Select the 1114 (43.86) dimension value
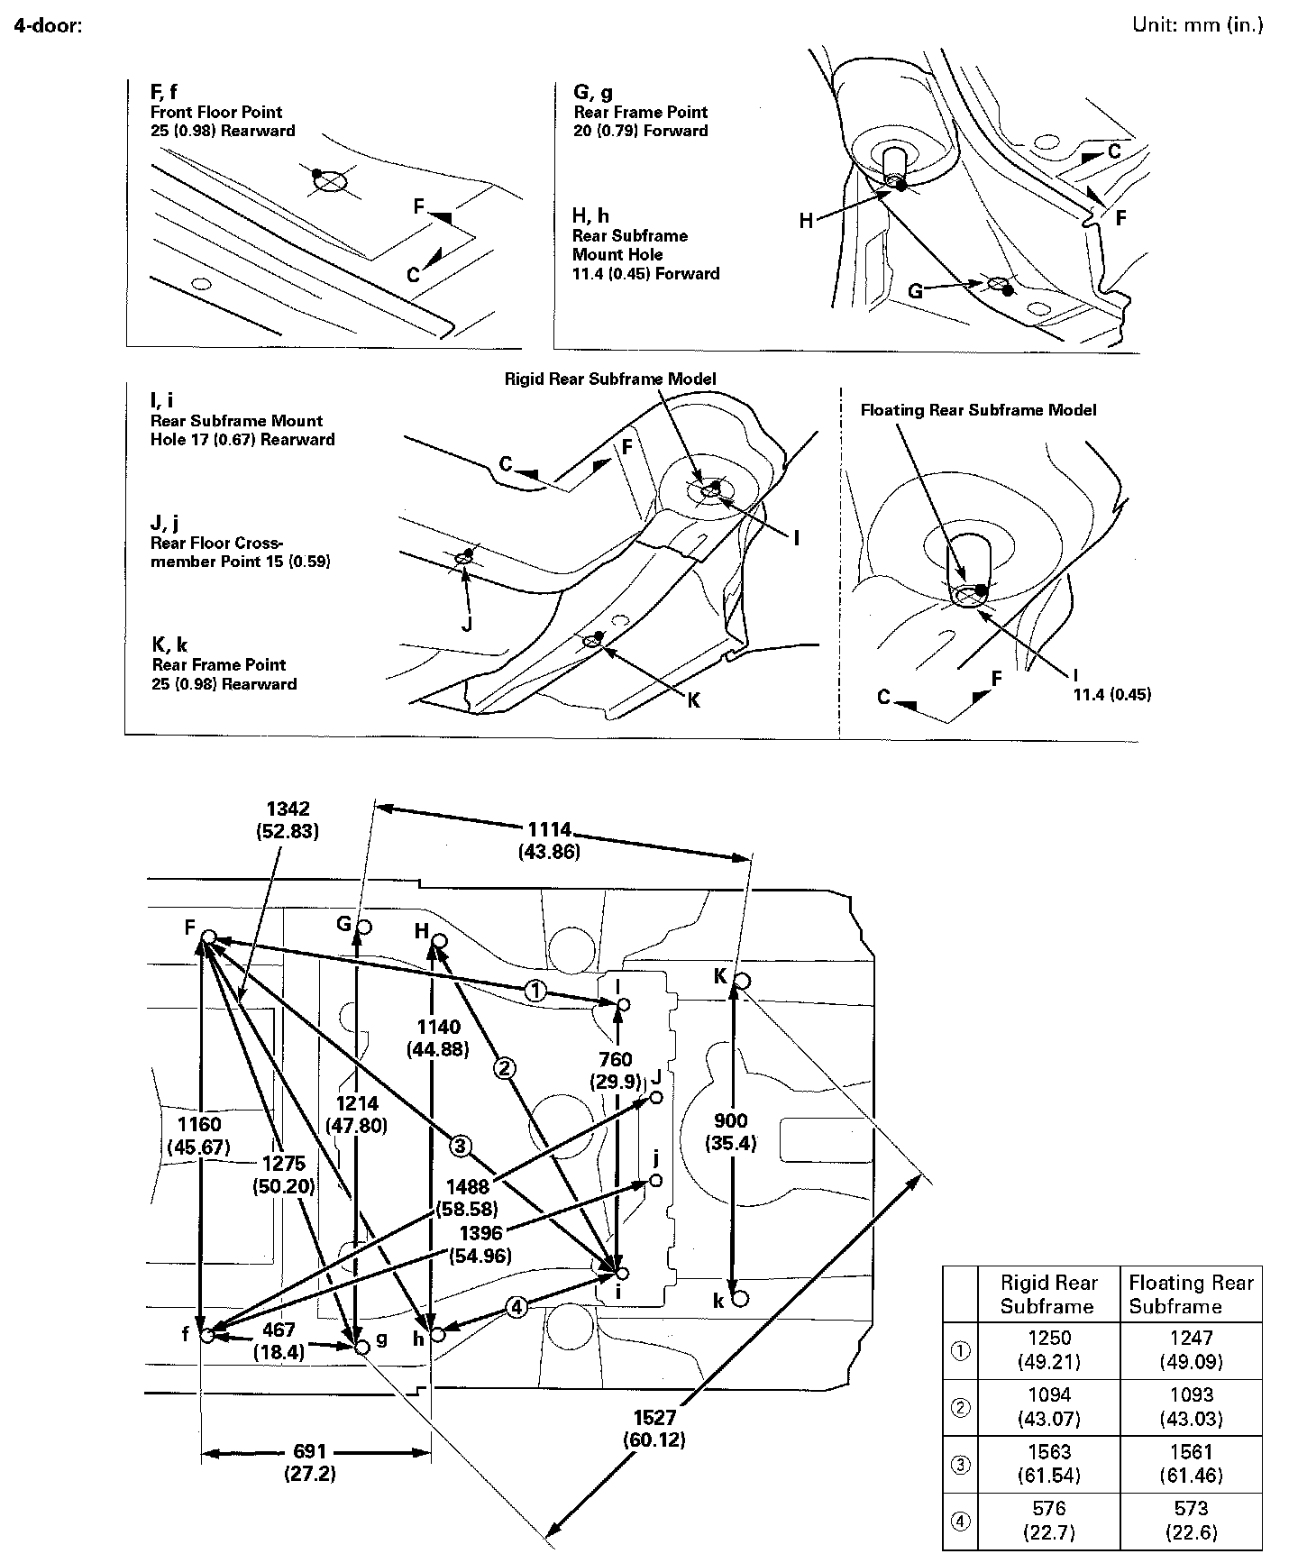[549, 840]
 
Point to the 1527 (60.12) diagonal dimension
[654, 1429]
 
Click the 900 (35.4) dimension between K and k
[730, 1132]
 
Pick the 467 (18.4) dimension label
[279, 1341]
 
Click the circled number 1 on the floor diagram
[535, 992]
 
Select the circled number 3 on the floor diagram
[461, 1146]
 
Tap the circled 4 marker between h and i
[516, 1307]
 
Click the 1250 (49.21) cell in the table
[1048, 1349]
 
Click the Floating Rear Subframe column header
[1191, 1294]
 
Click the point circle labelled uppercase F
[207, 937]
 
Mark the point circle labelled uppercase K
[741, 981]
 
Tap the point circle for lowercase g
[362, 1348]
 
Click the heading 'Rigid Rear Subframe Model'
[610, 379]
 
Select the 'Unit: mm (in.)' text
[1198, 24]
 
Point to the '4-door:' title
[49, 25]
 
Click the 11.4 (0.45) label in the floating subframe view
[1111, 694]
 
